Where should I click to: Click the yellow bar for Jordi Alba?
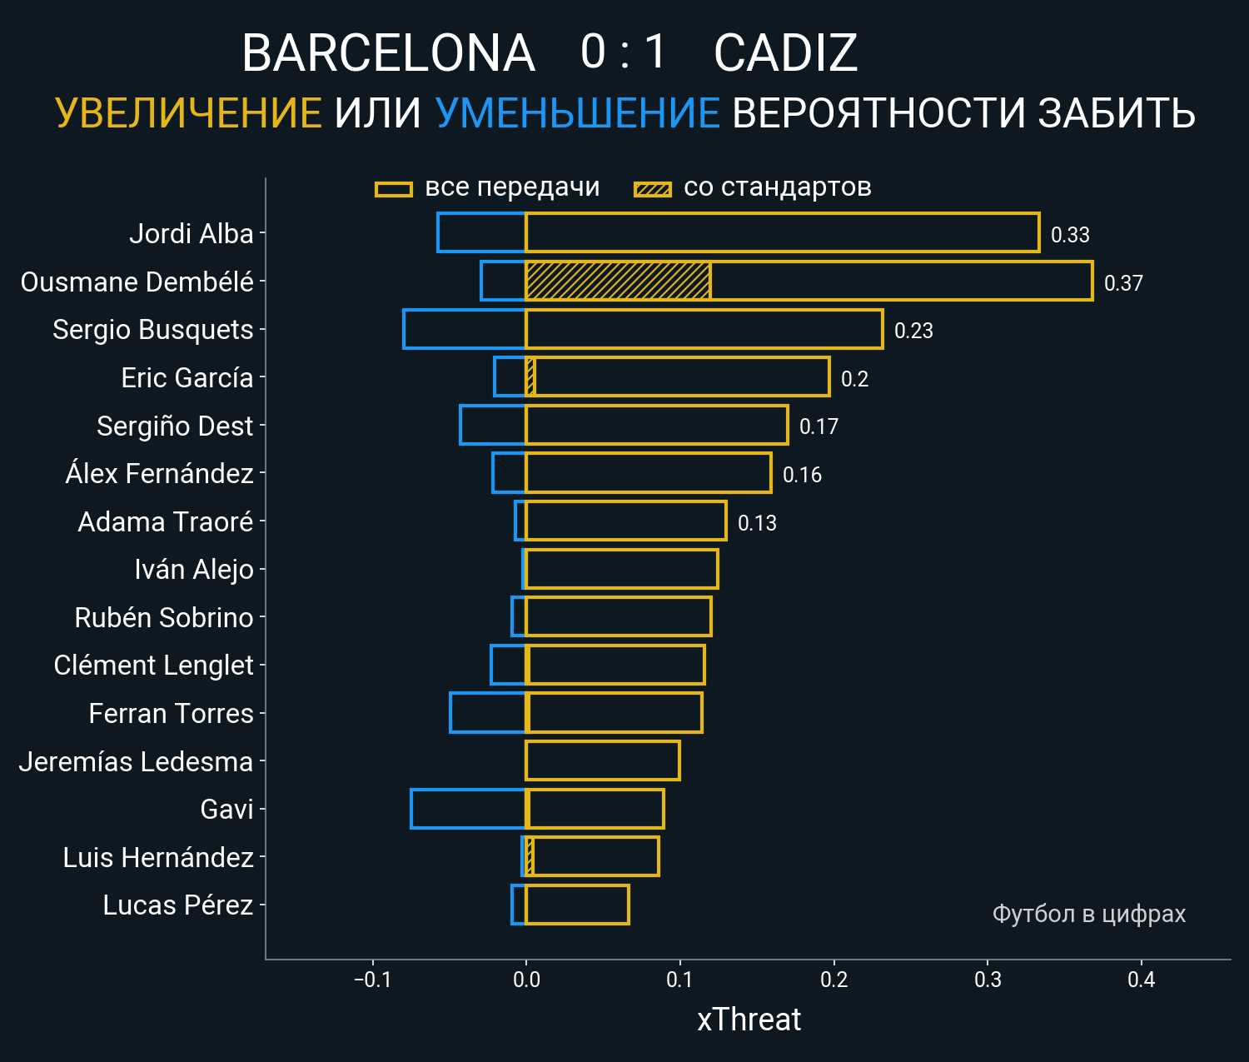point(783,232)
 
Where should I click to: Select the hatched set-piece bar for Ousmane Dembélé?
point(618,281)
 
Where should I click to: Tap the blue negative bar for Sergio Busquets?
point(465,329)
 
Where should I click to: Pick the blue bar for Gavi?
point(469,809)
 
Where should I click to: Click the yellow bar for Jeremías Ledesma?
point(603,760)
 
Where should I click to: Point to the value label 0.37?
point(1123,283)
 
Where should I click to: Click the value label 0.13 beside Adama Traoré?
point(757,523)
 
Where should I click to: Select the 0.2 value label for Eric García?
point(854,379)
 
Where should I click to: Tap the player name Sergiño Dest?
point(175,426)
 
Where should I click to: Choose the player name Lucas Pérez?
point(177,905)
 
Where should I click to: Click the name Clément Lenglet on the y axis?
point(153,666)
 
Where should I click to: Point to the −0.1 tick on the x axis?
point(372,980)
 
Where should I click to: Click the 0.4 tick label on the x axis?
point(1141,980)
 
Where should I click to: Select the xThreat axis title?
point(749,1020)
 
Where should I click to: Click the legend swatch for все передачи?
point(394,189)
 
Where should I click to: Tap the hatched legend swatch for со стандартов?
point(653,189)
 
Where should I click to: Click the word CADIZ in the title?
point(785,53)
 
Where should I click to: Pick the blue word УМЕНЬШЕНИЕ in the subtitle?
point(577,113)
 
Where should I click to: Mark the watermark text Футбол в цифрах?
point(1088,914)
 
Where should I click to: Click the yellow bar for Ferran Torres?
point(615,713)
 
